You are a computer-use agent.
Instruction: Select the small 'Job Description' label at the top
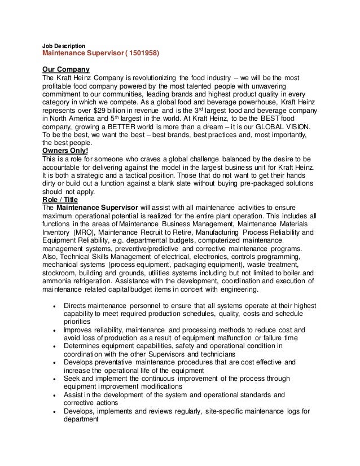64,45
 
